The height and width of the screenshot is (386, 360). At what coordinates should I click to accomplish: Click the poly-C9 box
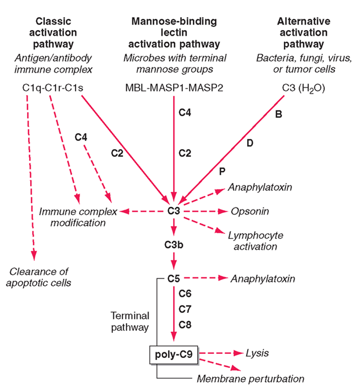[173, 354]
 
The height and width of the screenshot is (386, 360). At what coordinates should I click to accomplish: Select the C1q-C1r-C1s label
[53, 88]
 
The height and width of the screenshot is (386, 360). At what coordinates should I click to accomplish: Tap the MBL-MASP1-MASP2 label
[174, 88]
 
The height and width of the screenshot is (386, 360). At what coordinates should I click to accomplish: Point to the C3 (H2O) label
[304, 88]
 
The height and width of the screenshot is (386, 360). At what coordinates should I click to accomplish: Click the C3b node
[174, 245]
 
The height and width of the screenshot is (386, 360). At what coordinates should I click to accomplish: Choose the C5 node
[174, 279]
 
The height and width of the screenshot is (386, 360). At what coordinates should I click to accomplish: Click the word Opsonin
[250, 212]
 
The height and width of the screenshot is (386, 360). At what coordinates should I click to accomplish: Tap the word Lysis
[257, 354]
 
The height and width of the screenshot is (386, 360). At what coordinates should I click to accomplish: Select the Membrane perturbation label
[250, 379]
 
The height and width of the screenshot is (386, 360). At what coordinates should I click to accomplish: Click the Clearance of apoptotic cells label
[39, 277]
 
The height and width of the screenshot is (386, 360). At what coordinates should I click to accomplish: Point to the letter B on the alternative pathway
[278, 114]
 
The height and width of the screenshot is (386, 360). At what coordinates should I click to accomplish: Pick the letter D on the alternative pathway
[250, 143]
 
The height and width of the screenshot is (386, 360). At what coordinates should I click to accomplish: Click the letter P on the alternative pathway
[222, 172]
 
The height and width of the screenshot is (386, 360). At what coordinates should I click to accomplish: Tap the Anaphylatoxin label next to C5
[263, 279]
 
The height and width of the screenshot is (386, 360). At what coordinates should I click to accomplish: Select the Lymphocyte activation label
[256, 241]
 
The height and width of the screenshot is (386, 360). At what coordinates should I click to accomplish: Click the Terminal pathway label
[130, 322]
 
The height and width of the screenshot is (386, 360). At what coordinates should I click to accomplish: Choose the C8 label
[185, 325]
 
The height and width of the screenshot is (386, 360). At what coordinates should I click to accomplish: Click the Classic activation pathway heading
[53, 33]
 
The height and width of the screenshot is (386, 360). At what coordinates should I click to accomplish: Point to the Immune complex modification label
[78, 217]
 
